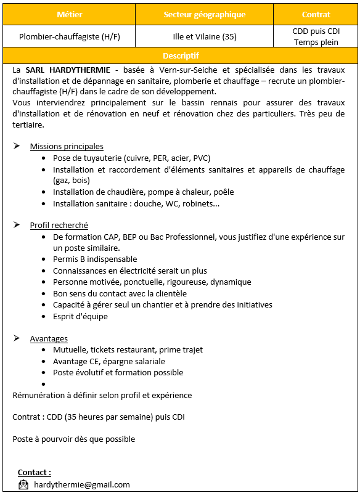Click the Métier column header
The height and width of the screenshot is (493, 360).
(x=69, y=14)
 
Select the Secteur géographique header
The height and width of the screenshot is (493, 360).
(x=204, y=14)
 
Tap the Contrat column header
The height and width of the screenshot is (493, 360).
(x=316, y=14)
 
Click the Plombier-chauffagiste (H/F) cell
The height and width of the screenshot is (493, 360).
(x=69, y=37)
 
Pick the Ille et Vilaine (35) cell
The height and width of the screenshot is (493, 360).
(x=204, y=37)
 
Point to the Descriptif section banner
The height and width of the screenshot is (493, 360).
(x=181, y=55)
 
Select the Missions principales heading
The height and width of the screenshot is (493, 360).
(x=67, y=147)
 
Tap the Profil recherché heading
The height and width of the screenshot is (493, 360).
(x=59, y=226)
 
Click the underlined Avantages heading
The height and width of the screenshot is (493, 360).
(x=49, y=339)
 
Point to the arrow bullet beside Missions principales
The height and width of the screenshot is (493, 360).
(x=17, y=147)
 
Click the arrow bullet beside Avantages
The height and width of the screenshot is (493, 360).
(x=17, y=339)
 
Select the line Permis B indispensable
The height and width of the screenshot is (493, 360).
(x=95, y=259)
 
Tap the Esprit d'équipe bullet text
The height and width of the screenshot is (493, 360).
(x=80, y=317)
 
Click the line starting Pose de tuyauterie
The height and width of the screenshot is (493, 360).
(x=131, y=158)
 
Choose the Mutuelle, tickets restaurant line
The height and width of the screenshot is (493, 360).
(x=128, y=350)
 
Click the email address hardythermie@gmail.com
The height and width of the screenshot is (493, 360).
(x=82, y=485)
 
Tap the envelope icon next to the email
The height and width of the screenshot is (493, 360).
(x=23, y=484)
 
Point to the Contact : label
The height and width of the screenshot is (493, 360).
(x=35, y=473)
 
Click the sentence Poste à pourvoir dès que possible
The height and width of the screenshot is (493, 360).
(x=73, y=439)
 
